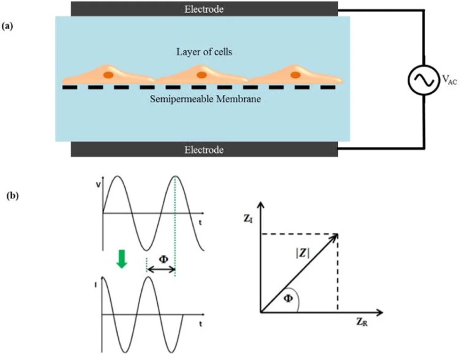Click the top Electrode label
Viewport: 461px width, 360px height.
pos(204,8)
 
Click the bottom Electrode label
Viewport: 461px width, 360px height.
pos(204,150)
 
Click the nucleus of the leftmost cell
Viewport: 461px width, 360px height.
pos(108,74)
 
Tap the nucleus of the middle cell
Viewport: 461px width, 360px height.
pos(202,74)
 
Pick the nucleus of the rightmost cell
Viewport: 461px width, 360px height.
pos(295,74)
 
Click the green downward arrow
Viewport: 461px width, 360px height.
pos(122,259)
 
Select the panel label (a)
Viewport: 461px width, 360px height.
pos(8,27)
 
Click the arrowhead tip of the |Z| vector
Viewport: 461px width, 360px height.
pos(338,234)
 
